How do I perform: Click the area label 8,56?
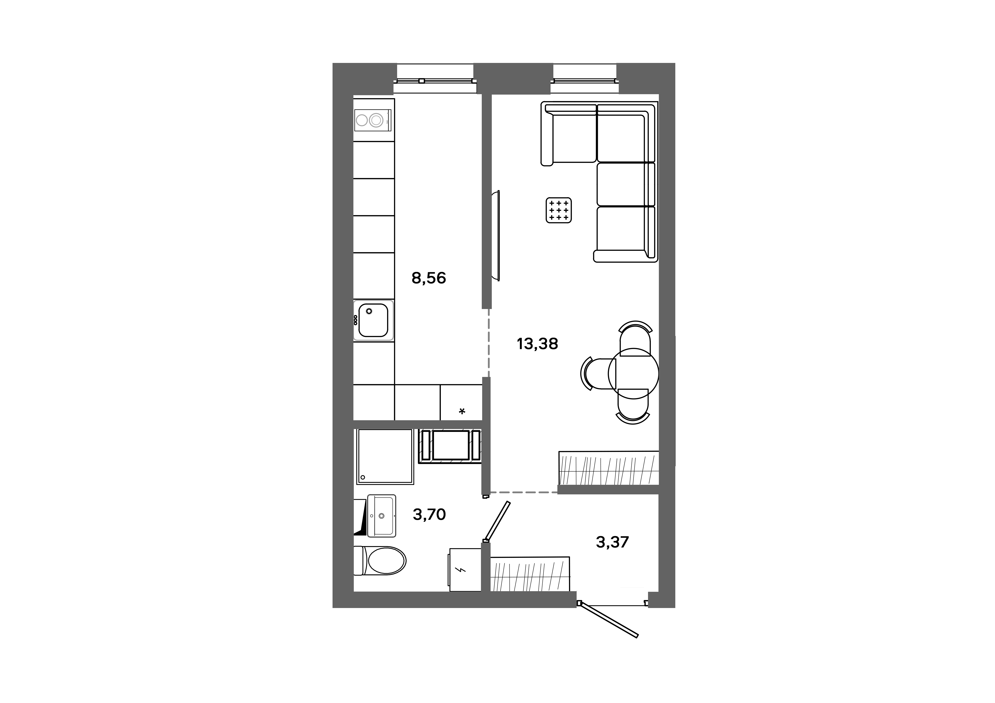coord(429,278)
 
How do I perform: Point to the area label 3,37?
coord(612,542)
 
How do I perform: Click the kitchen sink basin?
coord(373,320)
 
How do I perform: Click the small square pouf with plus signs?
coord(559,210)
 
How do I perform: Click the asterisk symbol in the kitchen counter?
coord(462,411)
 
